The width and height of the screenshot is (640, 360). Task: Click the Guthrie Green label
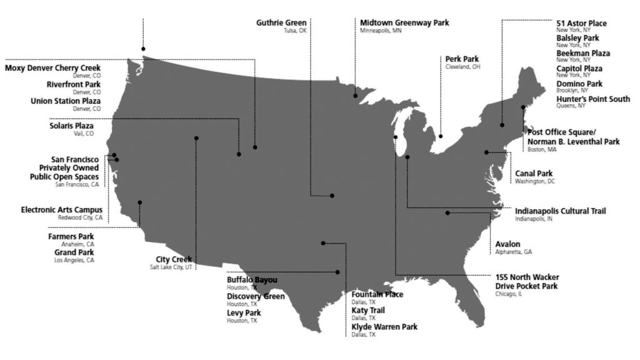click(x=281, y=23)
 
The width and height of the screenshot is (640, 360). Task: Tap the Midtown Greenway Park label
click(x=404, y=23)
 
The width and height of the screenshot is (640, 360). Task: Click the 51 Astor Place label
click(x=581, y=24)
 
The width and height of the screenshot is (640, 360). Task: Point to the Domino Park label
click(x=579, y=84)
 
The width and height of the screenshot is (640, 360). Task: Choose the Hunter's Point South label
click(x=593, y=99)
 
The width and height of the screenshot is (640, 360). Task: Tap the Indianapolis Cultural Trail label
click(x=560, y=211)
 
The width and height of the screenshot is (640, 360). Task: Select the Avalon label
click(x=507, y=244)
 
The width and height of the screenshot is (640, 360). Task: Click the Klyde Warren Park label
click(x=384, y=327)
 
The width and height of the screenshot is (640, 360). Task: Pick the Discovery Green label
click(x=256, y=296)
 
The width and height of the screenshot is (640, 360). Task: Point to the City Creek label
click(x=174, y=259)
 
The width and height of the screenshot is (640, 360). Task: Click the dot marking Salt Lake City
click(x=196, y=138)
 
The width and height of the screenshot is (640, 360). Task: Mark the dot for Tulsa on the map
click(x=332, y=196)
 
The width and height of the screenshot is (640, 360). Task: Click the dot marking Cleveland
click(x=441, y=136)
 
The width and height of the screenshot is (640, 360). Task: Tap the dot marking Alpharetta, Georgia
click(x=447, y=213)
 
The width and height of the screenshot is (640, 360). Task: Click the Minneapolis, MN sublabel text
click(x=381, y=31)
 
